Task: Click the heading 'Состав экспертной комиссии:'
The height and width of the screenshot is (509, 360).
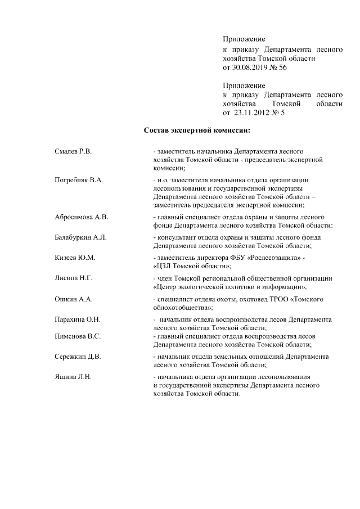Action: tap(196, 132)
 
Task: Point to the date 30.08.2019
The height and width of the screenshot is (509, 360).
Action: tap(252, 66)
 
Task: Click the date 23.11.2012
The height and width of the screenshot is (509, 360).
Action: tap(255, 113)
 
